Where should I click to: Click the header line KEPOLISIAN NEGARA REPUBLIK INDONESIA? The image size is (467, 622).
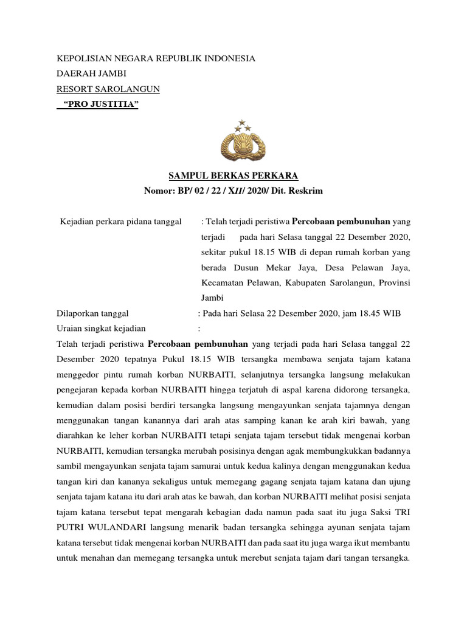click(156, 59)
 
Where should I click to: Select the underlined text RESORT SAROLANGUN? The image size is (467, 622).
click(108, 89)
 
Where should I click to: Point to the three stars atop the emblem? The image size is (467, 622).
click(244, 126)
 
